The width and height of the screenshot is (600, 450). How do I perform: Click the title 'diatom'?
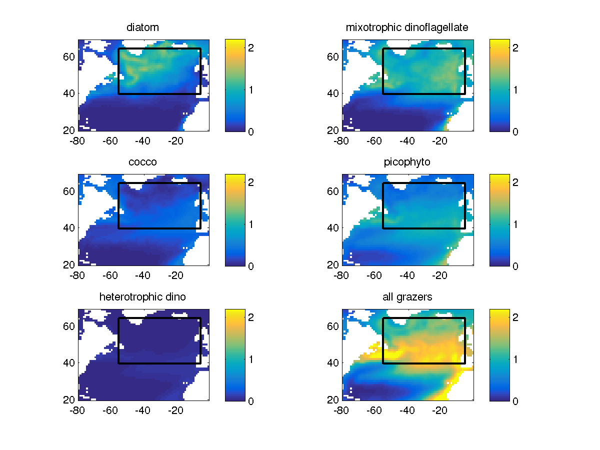[x=143, y=27]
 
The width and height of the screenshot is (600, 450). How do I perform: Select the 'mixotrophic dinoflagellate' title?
[x=407, y=27]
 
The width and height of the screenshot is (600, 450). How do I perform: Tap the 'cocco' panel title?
[x=143, y=162]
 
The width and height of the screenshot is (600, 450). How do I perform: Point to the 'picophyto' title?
[x=407, y=162]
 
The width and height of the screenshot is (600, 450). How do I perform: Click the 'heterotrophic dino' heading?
[x=143, y=297]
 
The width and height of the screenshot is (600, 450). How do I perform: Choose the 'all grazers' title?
[x=407, y=297]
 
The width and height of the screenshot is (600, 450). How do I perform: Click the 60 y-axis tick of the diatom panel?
[x=69, y=56]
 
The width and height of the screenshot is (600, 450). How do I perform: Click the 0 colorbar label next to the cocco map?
[x=251, y=266]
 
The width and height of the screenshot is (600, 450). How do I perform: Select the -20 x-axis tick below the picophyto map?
[x=440, y=275]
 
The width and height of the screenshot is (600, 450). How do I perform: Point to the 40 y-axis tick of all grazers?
[x=333, y=362]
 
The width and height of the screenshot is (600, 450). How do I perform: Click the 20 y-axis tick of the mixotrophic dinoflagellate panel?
[x=333, y=130]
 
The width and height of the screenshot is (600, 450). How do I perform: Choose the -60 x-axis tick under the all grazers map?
[x=373, y=410]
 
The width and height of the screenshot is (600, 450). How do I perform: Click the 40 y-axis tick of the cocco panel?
[x=69, y=228]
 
